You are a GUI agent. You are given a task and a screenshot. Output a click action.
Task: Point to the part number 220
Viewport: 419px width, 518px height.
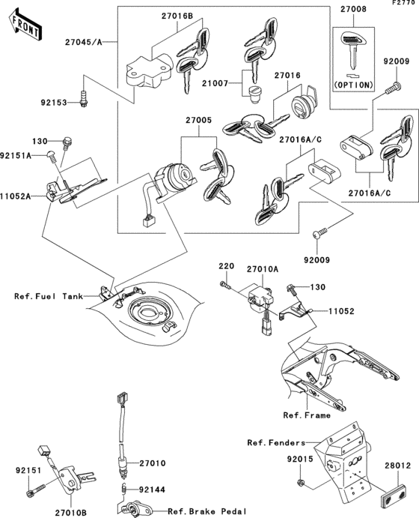[226, 266]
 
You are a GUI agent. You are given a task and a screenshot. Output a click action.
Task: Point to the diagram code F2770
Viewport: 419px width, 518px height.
[402, 4]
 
